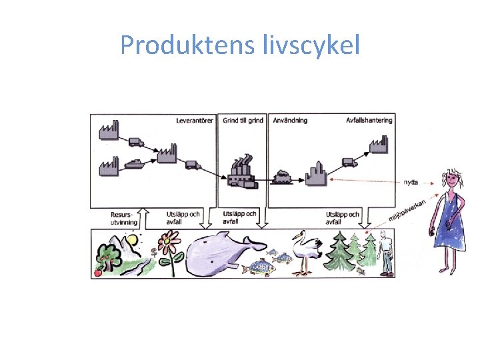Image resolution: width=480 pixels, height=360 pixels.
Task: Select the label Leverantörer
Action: (195, 121)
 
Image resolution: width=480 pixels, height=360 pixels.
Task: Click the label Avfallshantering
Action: (369, 121)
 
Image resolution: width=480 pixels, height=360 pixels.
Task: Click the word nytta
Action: (411, 182)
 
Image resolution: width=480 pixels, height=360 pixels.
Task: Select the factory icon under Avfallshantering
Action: (379, 145)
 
